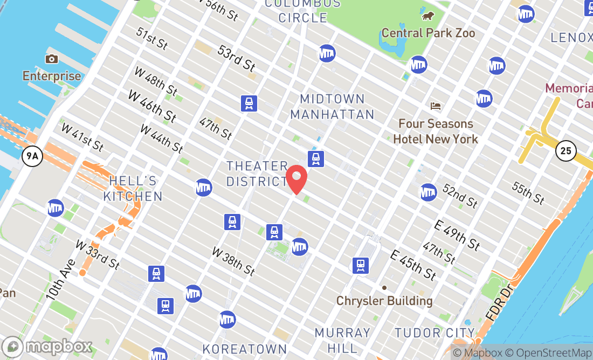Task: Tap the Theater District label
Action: coord(257,174)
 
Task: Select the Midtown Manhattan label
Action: coord(332,107)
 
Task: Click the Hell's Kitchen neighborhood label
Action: coord(133,188)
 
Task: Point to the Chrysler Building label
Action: coord(384,300)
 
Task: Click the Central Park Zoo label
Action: coord(429,33)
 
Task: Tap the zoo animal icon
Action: coord(428,16)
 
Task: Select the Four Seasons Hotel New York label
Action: coord(436,131)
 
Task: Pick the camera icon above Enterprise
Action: coord(52,59)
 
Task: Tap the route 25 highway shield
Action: coord(566,151)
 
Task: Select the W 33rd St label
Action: coord(98,255)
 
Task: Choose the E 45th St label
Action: coord(413,265)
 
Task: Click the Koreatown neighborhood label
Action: coord(245,349)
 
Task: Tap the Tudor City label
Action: coord(435,333)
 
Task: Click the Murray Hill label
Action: coord(343,339)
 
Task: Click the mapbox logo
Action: coord(47,346)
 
